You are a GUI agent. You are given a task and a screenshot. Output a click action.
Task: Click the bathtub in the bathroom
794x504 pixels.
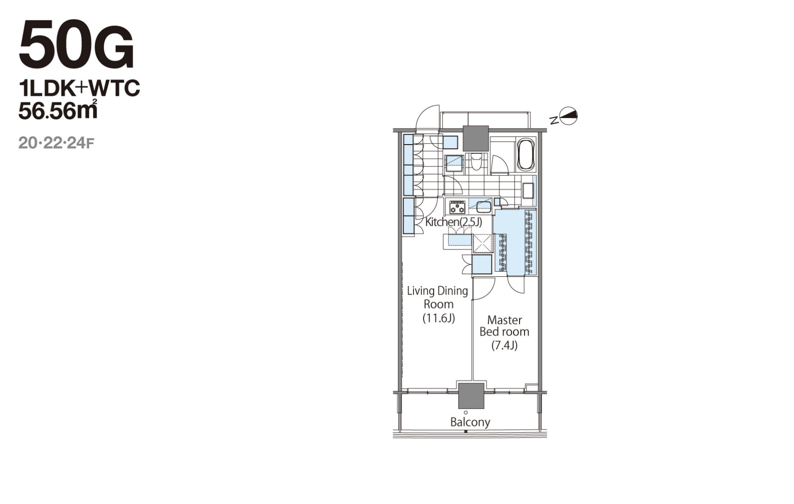[526, 155]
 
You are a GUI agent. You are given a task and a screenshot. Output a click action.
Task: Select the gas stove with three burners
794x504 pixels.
[458, 207]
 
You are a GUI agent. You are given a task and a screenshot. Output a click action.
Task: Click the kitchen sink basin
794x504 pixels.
[483, 207]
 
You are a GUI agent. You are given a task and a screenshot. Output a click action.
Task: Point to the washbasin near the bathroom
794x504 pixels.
[528, 190]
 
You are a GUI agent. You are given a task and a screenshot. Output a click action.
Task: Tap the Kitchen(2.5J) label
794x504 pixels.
[453, 222]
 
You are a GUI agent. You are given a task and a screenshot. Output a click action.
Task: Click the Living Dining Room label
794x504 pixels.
[438, 297]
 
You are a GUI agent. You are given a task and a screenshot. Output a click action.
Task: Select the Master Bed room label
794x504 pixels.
[504, 325]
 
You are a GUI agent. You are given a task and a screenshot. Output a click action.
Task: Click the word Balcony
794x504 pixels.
[470, 422]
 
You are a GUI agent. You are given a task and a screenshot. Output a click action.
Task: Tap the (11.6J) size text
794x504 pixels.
[439, 318]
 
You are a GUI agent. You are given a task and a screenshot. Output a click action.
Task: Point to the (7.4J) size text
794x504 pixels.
[504, 345]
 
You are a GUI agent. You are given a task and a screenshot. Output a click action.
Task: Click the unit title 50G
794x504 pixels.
[76, 45]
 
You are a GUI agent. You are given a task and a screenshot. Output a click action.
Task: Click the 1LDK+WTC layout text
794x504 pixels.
[79, 88]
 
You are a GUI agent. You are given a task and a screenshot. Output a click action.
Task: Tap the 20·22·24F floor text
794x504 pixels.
[56, 143]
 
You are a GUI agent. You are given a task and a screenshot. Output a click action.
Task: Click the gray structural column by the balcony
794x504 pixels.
[471, 396]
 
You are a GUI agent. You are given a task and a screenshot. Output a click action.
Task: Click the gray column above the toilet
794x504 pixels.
[475, 138]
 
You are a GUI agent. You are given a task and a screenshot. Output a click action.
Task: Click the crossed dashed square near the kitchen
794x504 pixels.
[483, 243]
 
